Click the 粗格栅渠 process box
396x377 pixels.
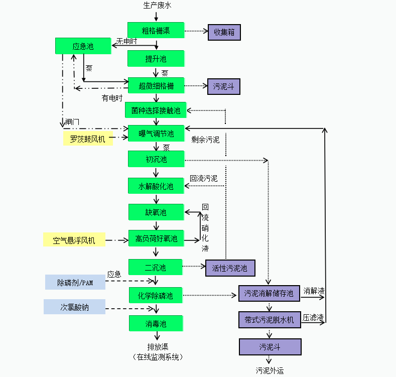tap(156, 31)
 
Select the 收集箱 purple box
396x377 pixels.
tap(224, 33)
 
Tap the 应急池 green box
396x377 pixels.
tap(83, 47)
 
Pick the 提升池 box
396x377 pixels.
tap(156, 59)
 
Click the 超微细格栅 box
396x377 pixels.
tap(156, 86)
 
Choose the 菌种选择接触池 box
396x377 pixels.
tap(156, 110)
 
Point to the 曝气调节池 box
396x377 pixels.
tap(156, 134)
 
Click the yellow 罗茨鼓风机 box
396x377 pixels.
tap(88, 139)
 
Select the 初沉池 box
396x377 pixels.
tap(156, 159)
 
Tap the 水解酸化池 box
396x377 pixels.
tap(156, 186)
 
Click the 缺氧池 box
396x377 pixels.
tap(156, 212)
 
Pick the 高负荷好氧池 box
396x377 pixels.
tap(156, 239)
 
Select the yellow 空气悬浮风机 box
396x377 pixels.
tap(74, 240)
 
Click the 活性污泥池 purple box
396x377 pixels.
tap(230, 268)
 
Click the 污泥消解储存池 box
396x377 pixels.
tap(269, 293)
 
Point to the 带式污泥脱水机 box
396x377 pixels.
tap(270, 320)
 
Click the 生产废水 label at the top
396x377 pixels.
tap(157, 6)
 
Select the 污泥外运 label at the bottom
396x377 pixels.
tap(270, 370)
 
